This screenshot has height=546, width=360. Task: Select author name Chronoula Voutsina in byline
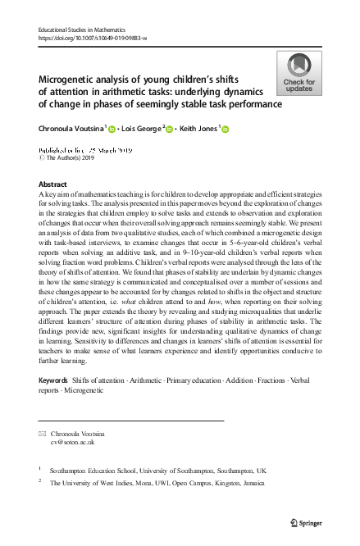coord(71,128)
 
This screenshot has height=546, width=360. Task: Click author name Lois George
coord(143,128)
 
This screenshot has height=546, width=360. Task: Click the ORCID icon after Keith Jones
coord(226,129)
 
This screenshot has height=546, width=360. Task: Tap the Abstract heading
coord(53,184)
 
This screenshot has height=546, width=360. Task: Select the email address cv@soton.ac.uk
coord(72,440)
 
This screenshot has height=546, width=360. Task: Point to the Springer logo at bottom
coord(304,521)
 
